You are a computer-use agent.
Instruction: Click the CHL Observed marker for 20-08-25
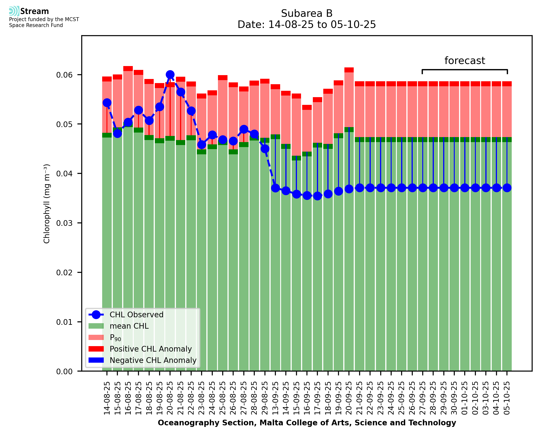(170, 75)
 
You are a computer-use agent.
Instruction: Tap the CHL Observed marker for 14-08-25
(107, 102)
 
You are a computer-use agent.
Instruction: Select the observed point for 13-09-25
(276, 188)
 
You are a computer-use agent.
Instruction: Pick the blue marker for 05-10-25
(507, 188)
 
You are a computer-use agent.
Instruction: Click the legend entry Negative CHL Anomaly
(153, 360)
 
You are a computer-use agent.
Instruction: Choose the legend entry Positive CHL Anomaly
(151, 349)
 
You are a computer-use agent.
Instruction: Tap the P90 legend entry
(115, 337)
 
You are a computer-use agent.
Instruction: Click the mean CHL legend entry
(129, 326)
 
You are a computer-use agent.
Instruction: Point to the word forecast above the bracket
(465, 61)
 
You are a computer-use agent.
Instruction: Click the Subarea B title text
(307, 13)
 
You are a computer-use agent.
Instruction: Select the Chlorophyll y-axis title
(47, 204)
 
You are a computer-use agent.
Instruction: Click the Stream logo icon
(14, 11)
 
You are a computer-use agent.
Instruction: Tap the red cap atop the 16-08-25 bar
(128, 69)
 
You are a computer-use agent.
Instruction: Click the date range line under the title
(307, 25)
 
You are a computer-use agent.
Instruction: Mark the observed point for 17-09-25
(317, 196)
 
